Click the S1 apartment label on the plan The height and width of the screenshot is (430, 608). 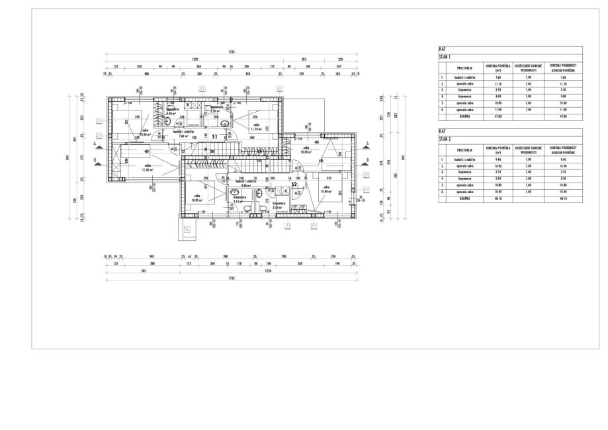tap(215, 136)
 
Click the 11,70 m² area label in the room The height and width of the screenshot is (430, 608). tap(256, 130)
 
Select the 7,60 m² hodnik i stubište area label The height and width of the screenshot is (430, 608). tap(183, 137)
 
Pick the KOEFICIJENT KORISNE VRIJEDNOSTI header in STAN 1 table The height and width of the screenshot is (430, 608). tap(528, 67)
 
